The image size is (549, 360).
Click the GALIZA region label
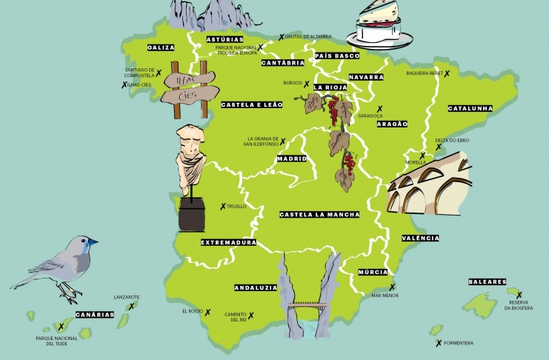tap(161, 47)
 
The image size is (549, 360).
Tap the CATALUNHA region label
tap(470, 108)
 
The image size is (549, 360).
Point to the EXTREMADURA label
tap(228, 242)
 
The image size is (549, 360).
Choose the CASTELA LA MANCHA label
tap(319, 214)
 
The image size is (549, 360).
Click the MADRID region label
tap(291, 159)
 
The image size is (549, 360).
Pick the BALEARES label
tap(487, 281)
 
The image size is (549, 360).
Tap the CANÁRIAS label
tap(95, 314)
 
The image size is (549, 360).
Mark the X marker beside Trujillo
tap(223, 206)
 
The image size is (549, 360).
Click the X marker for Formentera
tap(439, 343)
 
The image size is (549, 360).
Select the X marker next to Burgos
tap(306, 84)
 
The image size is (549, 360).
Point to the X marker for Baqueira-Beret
tap(447, 73)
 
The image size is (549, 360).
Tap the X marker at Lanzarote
tap(132, 306)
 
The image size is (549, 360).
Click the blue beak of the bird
tap(92, 241)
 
